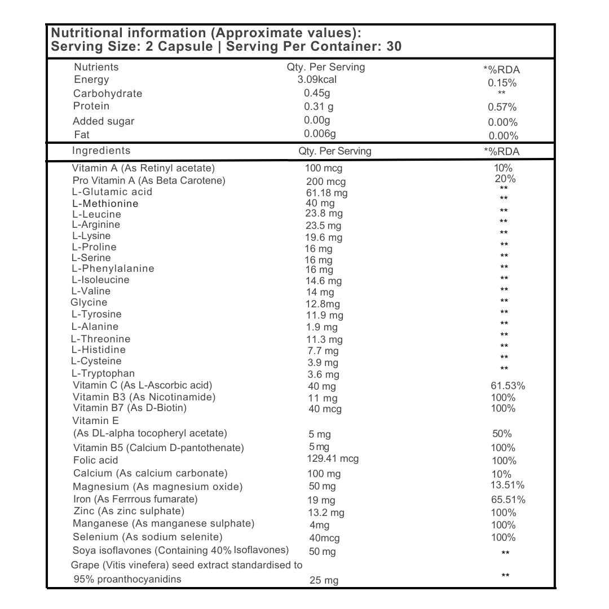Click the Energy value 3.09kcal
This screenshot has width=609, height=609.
[317, 80]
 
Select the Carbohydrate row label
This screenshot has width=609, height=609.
[108, 94]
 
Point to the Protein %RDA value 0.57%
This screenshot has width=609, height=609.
[502, 107]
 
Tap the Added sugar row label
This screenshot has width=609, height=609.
[104, 121]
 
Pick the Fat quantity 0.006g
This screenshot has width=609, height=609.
[320, 134]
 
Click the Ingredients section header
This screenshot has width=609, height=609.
[101, 151]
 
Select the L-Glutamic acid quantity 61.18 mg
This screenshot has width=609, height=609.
[326, 193]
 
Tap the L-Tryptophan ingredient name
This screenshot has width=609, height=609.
[103, 373]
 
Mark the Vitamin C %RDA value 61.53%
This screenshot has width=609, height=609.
[509, 386]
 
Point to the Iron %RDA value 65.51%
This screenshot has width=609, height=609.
[509, 500]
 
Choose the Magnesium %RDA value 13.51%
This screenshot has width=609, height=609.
[508, 486]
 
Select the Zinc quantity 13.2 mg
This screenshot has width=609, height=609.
[326, 513]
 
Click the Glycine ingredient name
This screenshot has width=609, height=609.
[89, 303]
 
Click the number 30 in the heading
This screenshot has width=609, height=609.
[394, 46]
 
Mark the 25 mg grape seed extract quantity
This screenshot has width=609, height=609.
[324, 580]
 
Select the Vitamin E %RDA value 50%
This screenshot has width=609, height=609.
[502, 434]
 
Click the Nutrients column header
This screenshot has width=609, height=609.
[96, 67]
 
